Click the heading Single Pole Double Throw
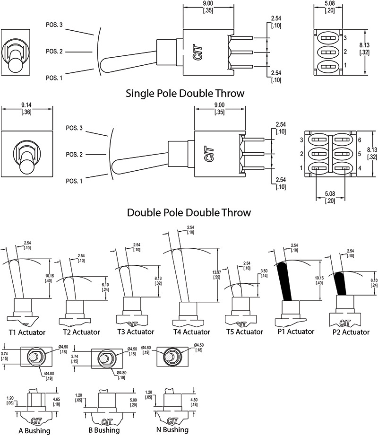[185, 93]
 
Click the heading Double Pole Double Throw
[189, 212]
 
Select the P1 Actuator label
[293, 332]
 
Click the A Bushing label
[34, 430]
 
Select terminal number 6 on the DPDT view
[360, 140]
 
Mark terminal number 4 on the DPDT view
[360, 168]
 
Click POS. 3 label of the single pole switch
[54, 25]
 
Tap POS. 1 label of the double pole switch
[74, 181]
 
